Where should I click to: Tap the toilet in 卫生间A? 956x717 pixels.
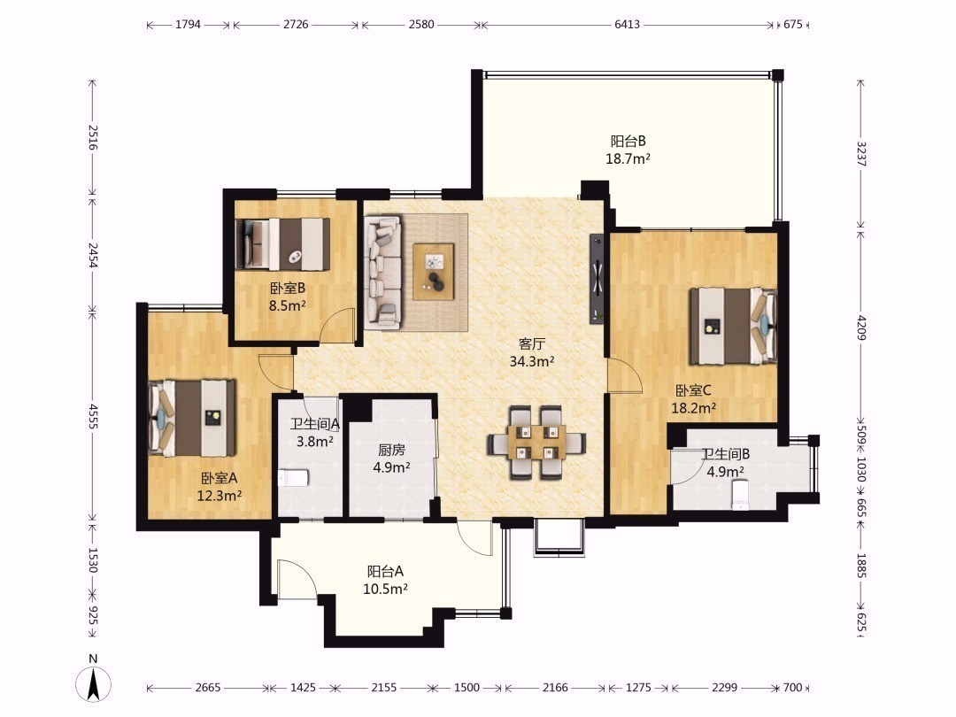293,478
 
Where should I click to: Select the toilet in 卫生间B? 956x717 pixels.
739,495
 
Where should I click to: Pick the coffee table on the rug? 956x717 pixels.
434,272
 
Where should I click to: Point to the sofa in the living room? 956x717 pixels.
383,272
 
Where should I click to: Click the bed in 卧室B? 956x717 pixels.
282,244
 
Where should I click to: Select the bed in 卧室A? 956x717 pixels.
192,418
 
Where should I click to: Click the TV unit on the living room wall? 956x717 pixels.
597,279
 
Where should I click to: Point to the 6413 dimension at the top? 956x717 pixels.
628,25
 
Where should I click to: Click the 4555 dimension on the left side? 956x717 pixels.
93,416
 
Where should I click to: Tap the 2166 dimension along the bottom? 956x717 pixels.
555,688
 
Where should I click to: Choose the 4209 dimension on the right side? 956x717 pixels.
861,328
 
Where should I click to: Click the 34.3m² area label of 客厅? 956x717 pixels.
532,361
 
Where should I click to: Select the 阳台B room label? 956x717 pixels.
628,142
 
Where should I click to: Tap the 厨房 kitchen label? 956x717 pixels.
391,450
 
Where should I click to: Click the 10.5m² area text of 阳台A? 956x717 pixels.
385,589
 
